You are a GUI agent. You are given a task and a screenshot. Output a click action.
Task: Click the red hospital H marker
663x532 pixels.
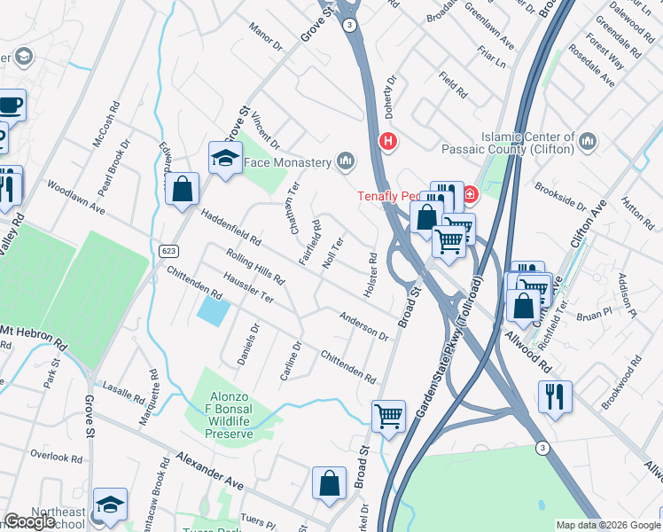click(x=387, y=140)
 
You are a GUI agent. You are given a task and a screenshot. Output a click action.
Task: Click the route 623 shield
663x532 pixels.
click(x=168, y=252)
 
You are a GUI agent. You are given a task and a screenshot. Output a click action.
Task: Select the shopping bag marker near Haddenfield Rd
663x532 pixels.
click(x=182, y=188)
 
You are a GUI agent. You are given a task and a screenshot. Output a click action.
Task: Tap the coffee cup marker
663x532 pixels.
click(x=11, y=106)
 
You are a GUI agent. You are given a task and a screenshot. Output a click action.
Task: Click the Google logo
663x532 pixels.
click(x=29, y=521)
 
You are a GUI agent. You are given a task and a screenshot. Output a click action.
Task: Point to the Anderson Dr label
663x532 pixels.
click(x=363, y=325)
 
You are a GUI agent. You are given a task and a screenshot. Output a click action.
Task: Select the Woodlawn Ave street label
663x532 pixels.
click(x=76, y=198)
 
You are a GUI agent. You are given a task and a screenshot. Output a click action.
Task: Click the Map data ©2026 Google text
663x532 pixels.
click(x=608, y=524)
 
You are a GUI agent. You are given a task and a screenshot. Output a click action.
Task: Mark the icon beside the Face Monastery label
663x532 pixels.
click(x=346, y=161)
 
